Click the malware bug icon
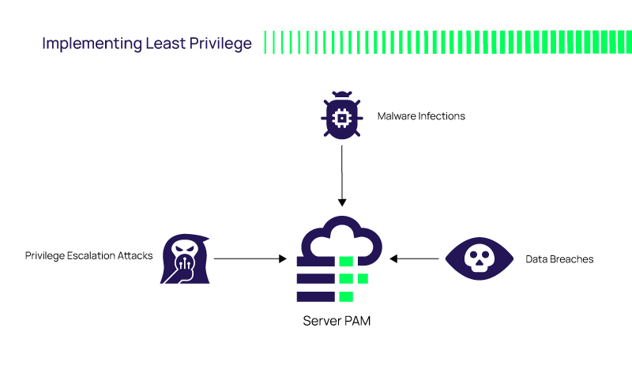(341, 116)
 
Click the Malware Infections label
(421, 116)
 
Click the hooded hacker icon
(183, 258)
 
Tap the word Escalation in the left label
(93, 256)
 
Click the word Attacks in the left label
(135, 256)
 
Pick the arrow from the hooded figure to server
(249, 258)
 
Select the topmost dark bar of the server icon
(315, 260)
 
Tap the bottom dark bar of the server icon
(315, 296)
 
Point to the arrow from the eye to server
(415, 258)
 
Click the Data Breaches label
(559, 258)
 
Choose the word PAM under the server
(356, 321)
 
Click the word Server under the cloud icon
(322, 321)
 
